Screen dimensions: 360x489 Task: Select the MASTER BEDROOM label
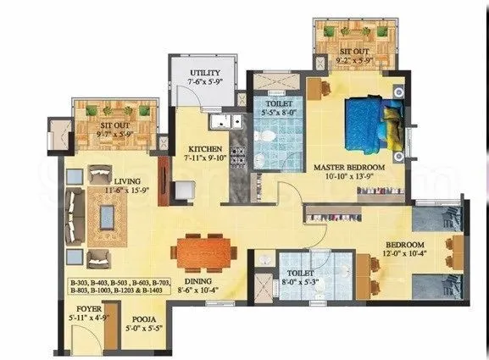(349, 168)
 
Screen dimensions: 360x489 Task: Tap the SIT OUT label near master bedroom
(354, 50)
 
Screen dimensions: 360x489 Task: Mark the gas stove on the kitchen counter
(240, 155)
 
